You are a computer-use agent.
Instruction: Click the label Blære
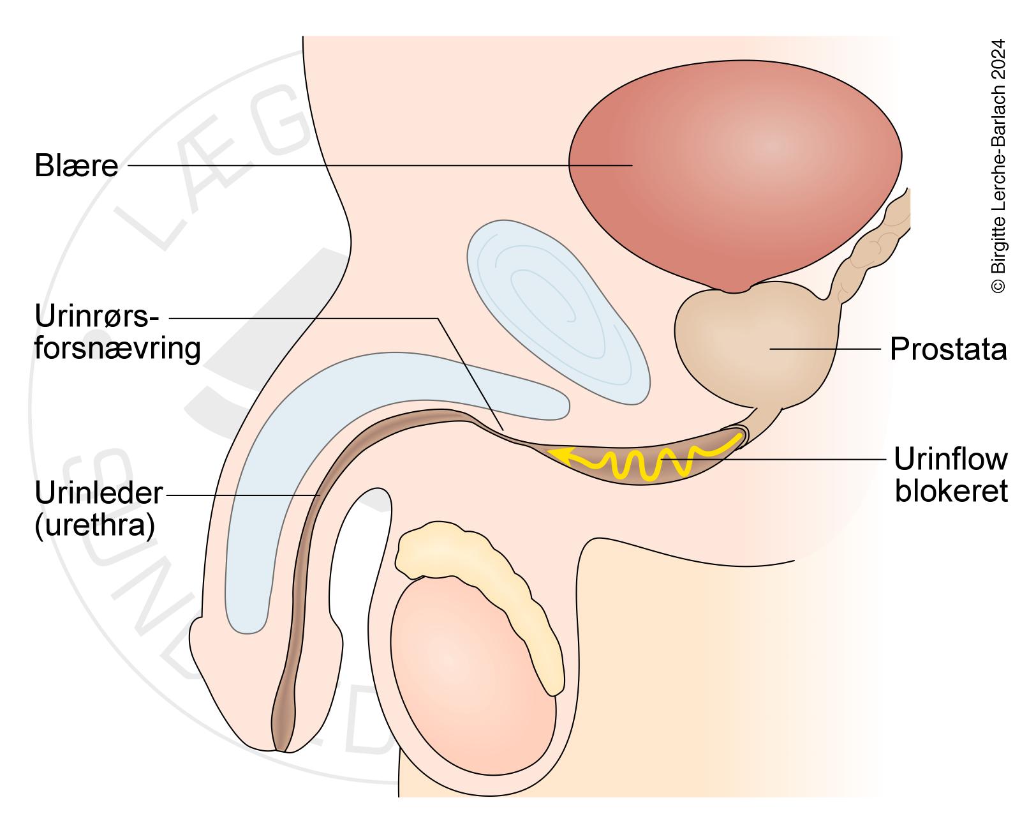pyautogui.click(x=76, y=166)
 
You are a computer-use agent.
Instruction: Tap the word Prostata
pyautogui.click(x=948, y=350)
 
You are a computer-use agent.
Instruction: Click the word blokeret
pyautogui.click(x=951, y=491)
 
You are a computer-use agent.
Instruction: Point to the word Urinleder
pyautogui.click(x=100, y=494)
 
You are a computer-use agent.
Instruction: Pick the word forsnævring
pyautogui.click(x=117, y=349)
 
